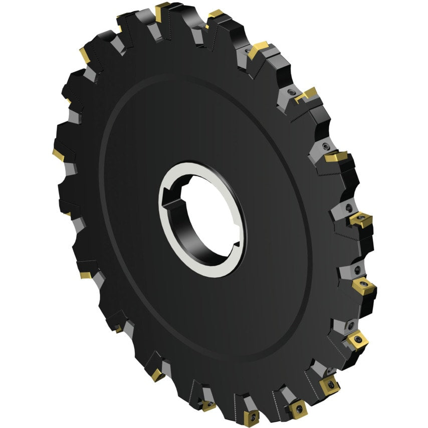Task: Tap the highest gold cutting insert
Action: [162, 7]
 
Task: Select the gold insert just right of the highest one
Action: [216, 14]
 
